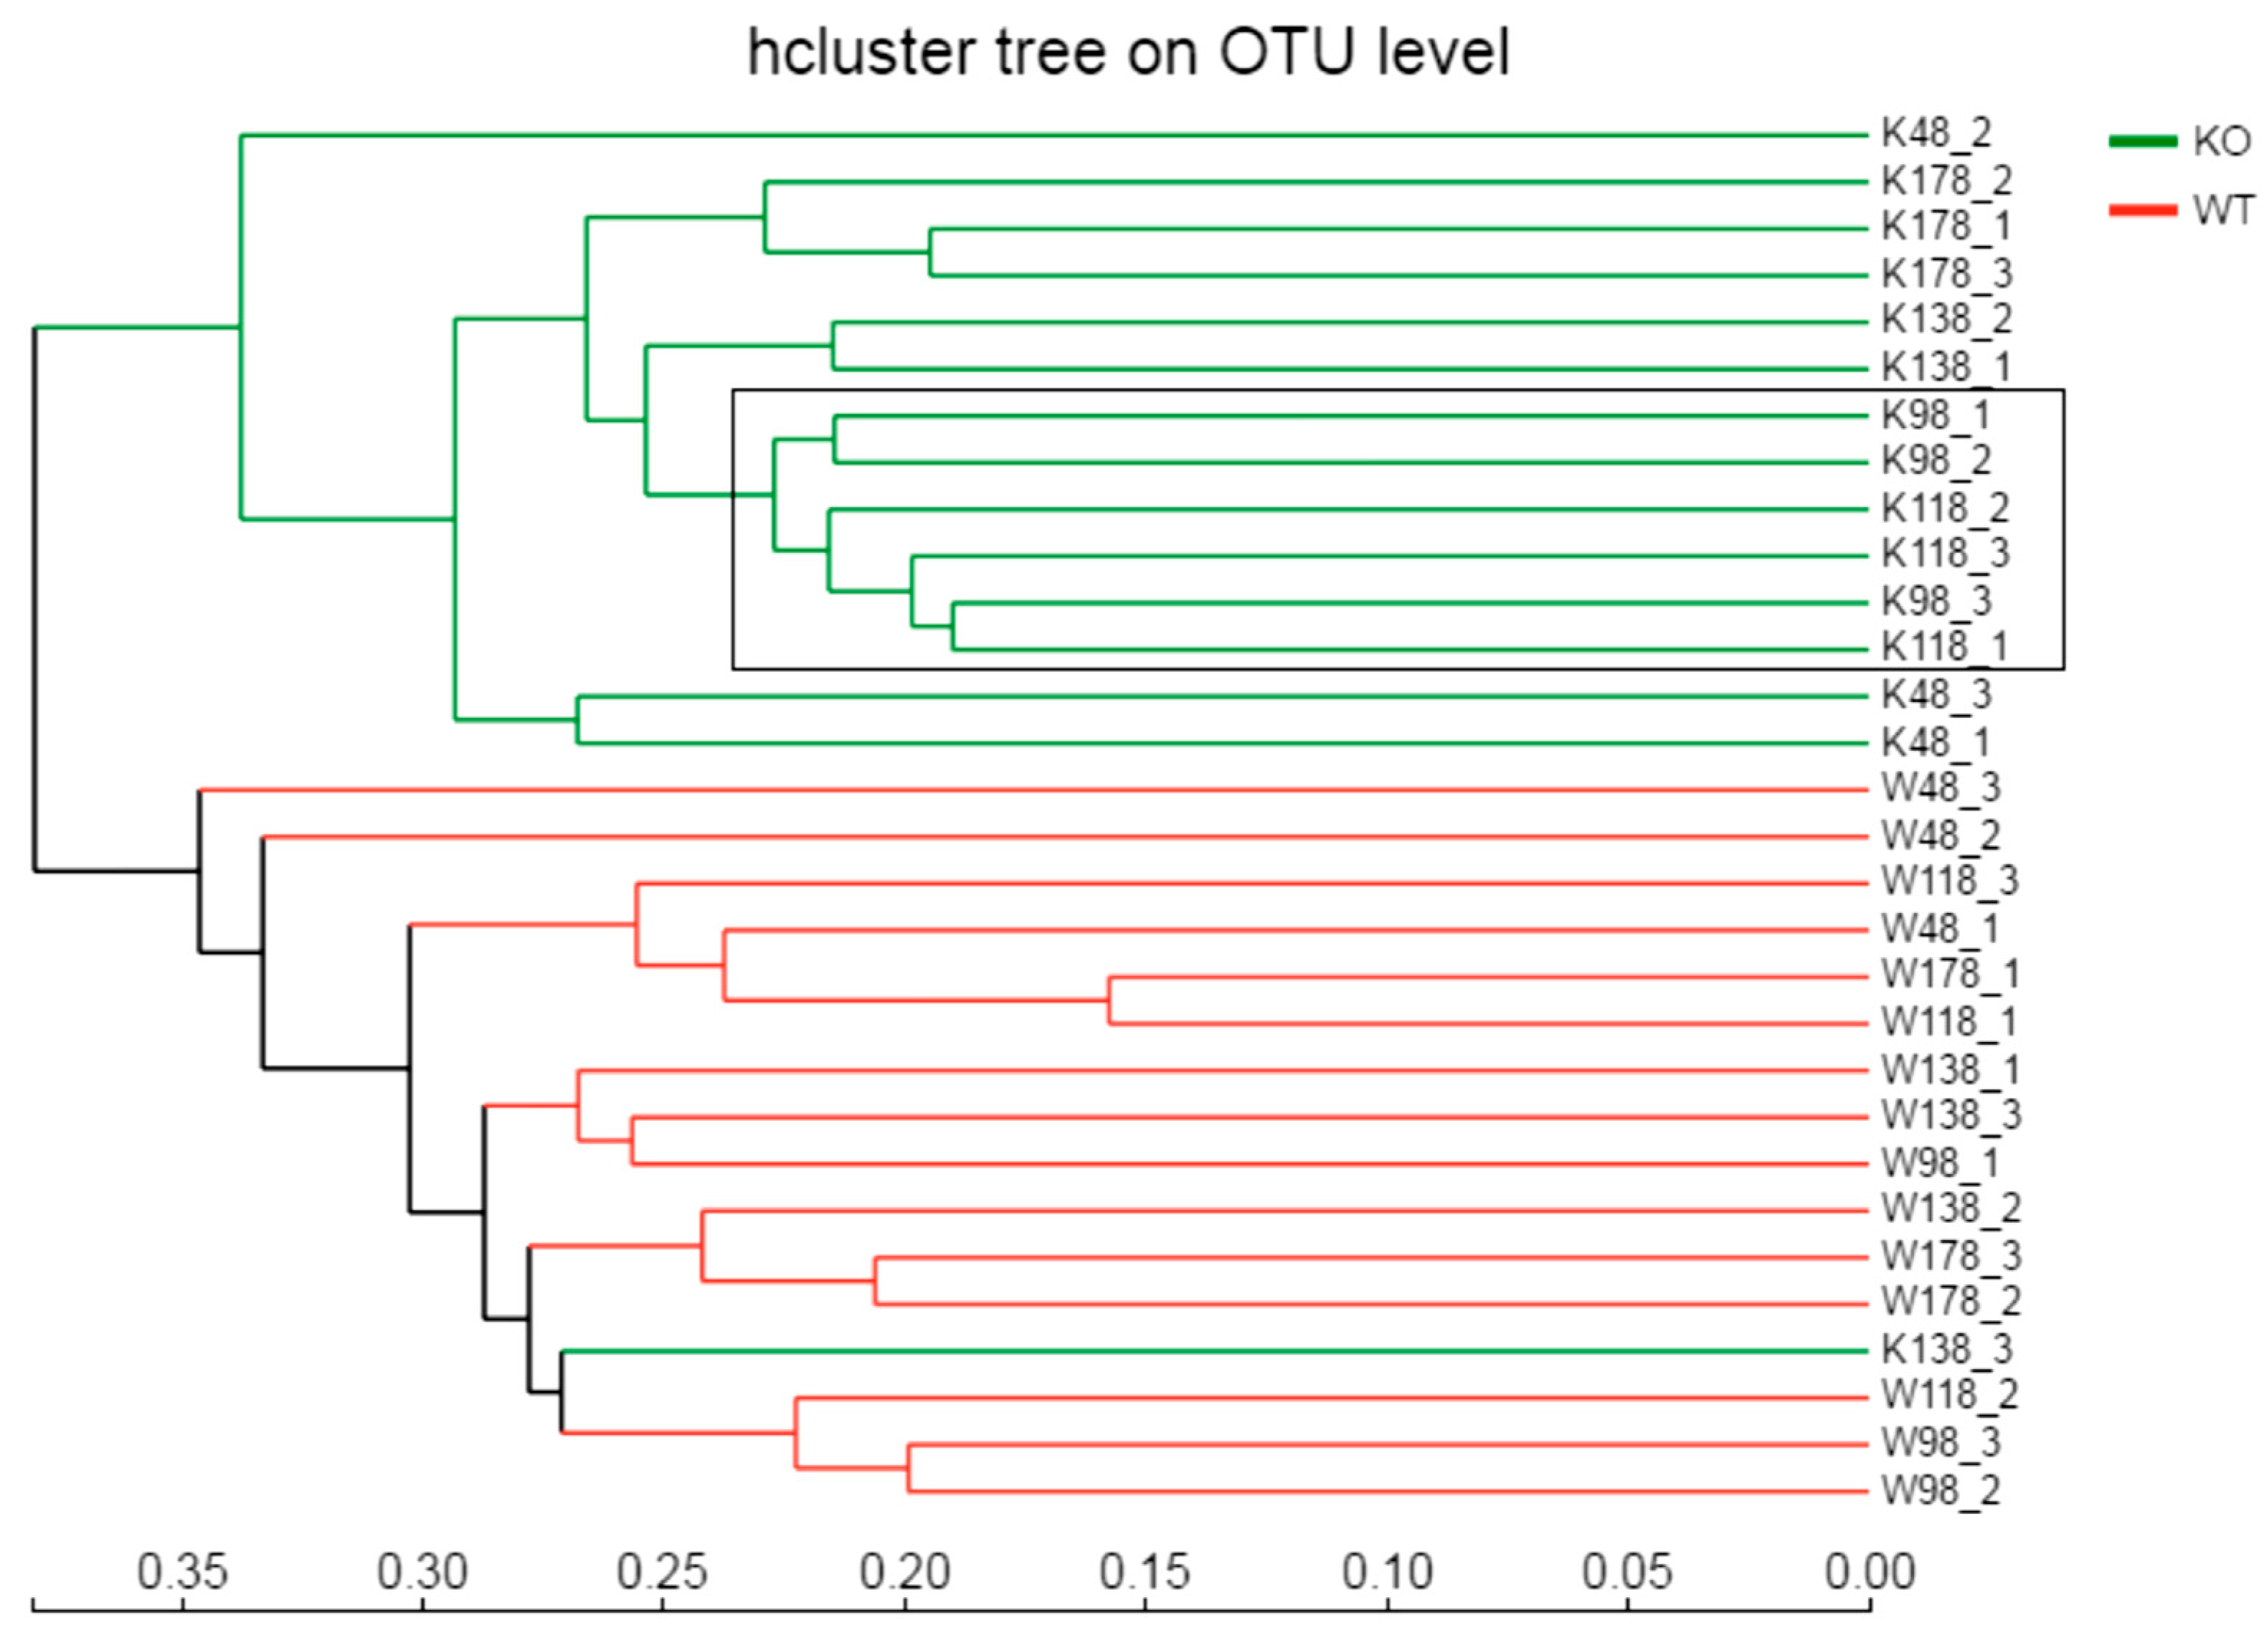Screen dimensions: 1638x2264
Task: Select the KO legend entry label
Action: tap(2221, 142)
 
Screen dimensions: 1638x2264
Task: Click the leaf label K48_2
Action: tap(1936, 133)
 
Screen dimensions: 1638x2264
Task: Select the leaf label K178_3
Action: tap(1946, 273)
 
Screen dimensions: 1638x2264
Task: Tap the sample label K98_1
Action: tap(1936, 415)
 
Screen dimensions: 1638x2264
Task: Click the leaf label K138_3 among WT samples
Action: tap(1946, 1350)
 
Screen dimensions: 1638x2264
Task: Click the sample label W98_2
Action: tap(1941, 1490)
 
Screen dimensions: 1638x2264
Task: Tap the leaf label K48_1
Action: tap(1936, 743)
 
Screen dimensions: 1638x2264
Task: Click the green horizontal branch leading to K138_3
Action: tap(1198, 1352)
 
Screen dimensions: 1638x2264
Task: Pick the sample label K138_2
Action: tap(1946, 319)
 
